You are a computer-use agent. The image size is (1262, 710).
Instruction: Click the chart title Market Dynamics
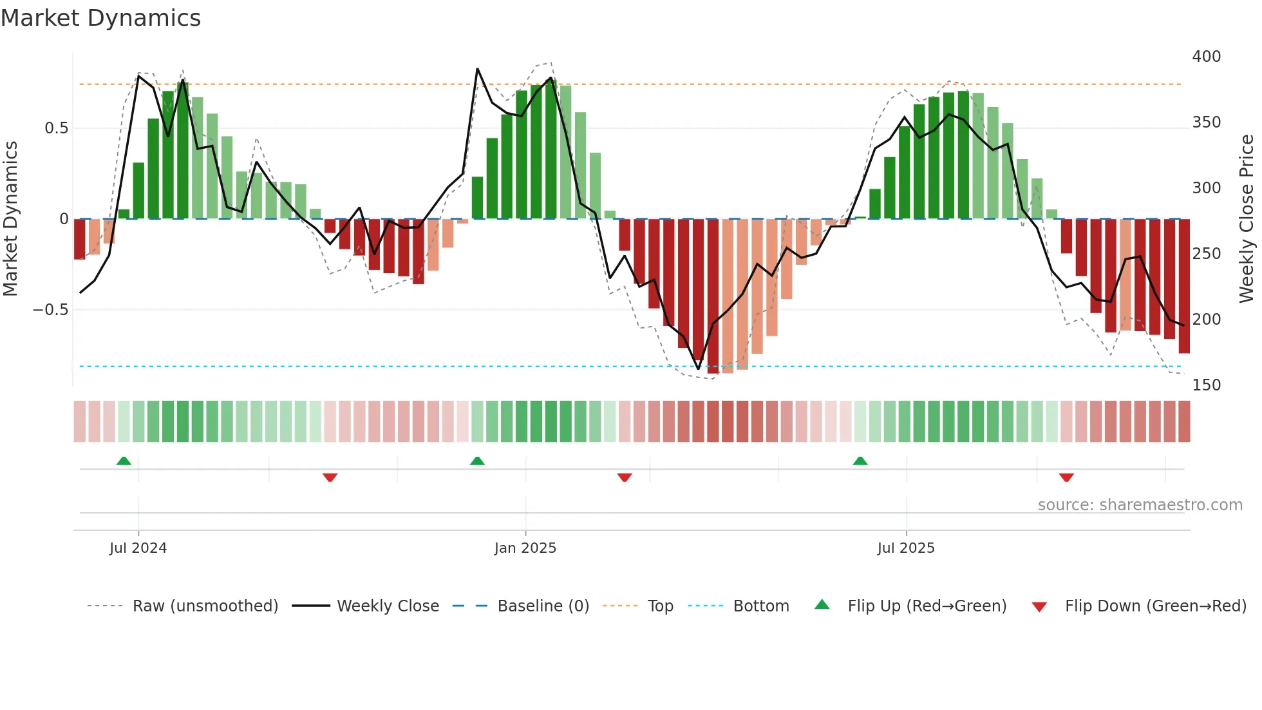pyautogui.click(x=100, y=18)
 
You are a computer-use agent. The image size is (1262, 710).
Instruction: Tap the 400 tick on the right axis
pyautogui.click(x=1206, y=57)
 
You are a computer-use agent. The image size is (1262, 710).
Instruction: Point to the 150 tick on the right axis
pyautogui.click(x=1206, y=385)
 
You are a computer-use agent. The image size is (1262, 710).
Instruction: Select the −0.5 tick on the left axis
pyautogui.click(x=50, y=310)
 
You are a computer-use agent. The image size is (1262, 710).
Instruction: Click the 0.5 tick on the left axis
pyautogui.click(x=56, y=128)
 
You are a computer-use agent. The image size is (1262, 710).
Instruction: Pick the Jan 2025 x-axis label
pyautogui.click(x=525, y=548)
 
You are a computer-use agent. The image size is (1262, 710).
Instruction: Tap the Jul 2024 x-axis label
pyautogui.click(x=138, y=548)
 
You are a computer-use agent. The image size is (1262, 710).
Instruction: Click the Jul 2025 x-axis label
pyautogui.click(x=905, y=548)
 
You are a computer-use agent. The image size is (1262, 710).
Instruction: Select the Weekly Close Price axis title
pyautogui.click(x=1247, y=219)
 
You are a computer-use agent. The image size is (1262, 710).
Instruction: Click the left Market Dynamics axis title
pyautogui.click(x=10, y=219)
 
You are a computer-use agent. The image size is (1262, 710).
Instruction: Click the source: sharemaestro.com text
pyautogui.click(x=1140, y=505)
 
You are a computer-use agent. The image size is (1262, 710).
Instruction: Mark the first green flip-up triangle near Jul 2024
pyautogui.click(x=124, y=461)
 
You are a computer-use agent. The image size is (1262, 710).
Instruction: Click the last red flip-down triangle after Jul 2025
pyautogui.click(x=1066, y=477)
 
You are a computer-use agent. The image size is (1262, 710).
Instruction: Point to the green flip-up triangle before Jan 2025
pyautogui.click(x=477, y=461)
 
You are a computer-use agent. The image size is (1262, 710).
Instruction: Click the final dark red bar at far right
pyautogui.click(x=1184, y=286)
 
